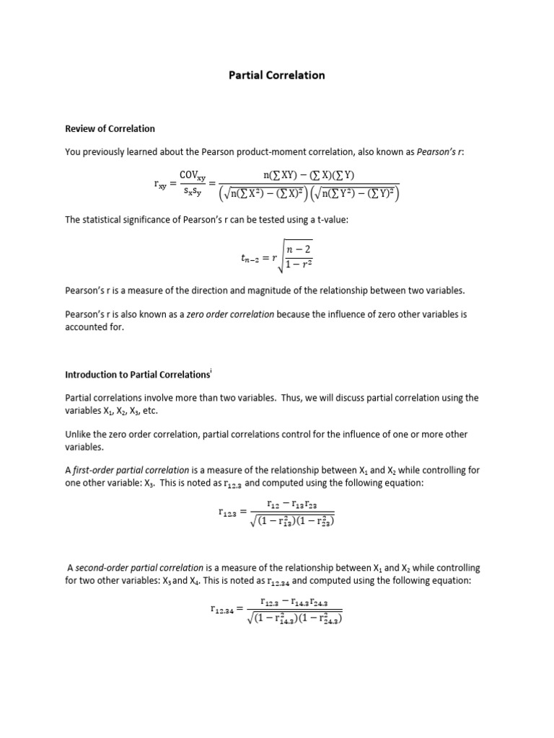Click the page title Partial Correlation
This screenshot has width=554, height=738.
point(277,75)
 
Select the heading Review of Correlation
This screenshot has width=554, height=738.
point(110,129)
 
